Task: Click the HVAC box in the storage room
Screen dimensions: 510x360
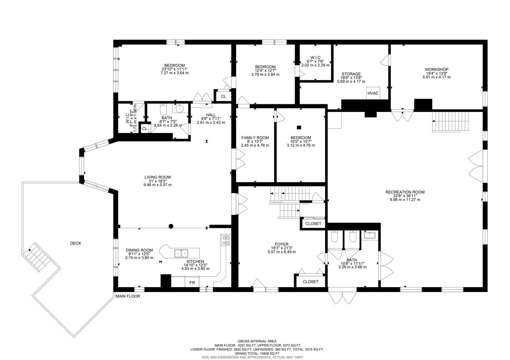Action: pyautogui.click(x=373, y=93)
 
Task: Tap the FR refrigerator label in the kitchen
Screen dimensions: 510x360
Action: pyautogui.click(x=192, y=283)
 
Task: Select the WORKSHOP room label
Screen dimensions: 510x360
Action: pyautogui.click(x=436, y=69)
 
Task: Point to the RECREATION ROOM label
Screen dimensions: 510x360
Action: pyautogui.click(x=405, y=192)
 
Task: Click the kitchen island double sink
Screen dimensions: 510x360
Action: pyautogui.click(x=181, y=253)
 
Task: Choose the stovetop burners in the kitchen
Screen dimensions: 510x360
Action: pyautogui.click(x=226, y=240)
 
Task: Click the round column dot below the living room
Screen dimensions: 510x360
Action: pyautogui.click(x=171, y=226)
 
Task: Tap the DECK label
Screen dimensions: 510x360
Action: pyautogui.click(x=76, y=243)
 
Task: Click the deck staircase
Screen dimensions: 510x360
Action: pyautogui.click(x=37, y=257)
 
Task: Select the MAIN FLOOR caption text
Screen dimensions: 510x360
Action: pyautogui.click(x=128, y=296)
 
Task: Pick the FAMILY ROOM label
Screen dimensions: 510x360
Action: pyautogui.click(x=255, y=138)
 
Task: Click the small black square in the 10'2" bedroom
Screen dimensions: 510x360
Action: pyautogui.click(x=299, y=128)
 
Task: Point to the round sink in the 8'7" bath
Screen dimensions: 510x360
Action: pyautogui.click(x=180, y=108)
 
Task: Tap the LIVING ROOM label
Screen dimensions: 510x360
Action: pyautogui.click(x=157, y=177)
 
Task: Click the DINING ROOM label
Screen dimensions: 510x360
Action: pyautogui.click(x=139, y=250)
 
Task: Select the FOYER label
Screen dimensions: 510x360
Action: pyautogui.click(x=282, y=244)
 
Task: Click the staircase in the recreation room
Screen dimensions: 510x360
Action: pyautogui.click(x=451, y=121)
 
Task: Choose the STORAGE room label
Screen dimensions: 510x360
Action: pyautogui.click(x=351, y=74)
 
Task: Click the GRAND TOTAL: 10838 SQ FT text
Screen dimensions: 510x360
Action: pyautogui.click(x=257, y=353)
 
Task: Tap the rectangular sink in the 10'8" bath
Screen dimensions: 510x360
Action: pyautogui.click(x=369, y=235)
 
